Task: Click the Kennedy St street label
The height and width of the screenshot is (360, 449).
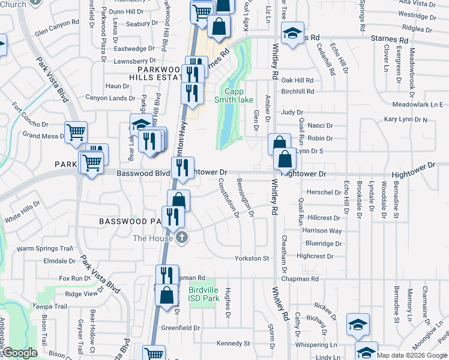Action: coord(233,343)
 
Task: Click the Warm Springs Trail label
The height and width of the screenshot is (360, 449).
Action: coord(44,248)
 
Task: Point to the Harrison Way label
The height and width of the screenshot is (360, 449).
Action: coord(322,230)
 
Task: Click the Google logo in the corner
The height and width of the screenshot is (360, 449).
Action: coord(19,353)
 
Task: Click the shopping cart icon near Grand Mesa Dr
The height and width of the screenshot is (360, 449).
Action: coord(76,132)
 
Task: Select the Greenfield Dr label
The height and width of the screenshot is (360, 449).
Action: coord(180,328)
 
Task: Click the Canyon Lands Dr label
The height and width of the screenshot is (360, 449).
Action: coord(110,98)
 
